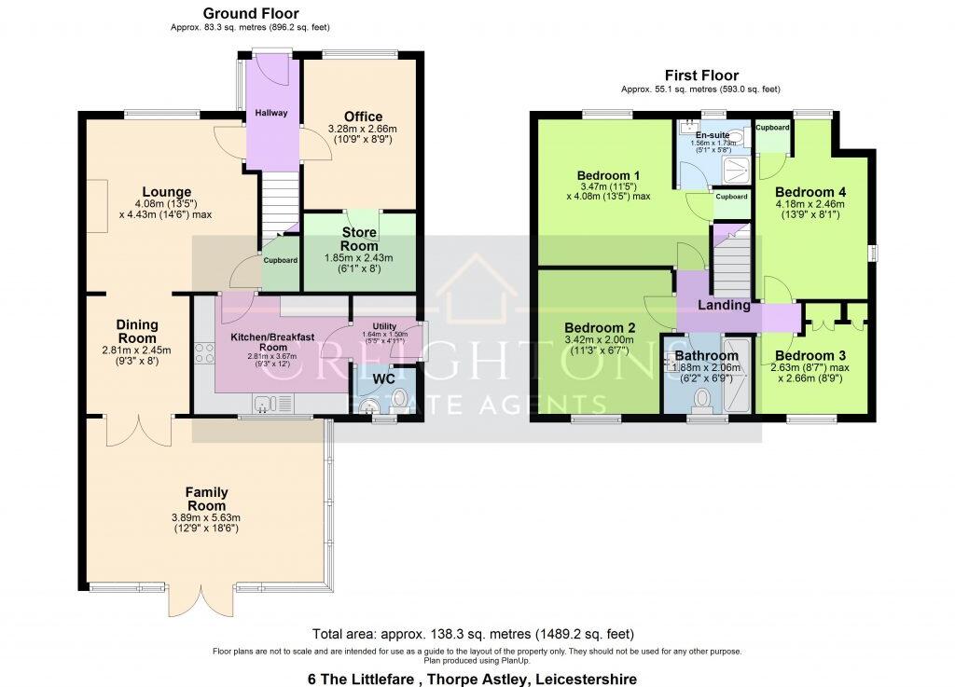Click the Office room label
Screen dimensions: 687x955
tap(363, 117)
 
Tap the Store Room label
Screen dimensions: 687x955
tap(359, 239)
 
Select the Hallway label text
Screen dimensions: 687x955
tap(271, 114)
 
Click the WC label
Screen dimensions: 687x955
tap(384, 379)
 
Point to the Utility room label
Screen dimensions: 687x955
tap(384, 325)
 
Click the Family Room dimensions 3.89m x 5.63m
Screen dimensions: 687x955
tap(206, 518)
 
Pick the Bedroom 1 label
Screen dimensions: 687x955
tap(608, 175)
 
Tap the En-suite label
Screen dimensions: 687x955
tap(713, 135)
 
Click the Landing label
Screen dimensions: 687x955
tap(725, 305)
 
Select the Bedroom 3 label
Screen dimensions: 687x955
tap(805, 355)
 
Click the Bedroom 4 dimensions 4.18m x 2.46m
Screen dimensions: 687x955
tap(810, 204)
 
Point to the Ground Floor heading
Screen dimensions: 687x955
tap(251, 14)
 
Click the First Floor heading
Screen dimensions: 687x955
tap(701, 76)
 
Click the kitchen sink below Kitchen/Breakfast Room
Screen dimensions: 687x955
tap(264, 405)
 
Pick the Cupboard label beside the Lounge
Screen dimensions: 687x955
tap(280, 261)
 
